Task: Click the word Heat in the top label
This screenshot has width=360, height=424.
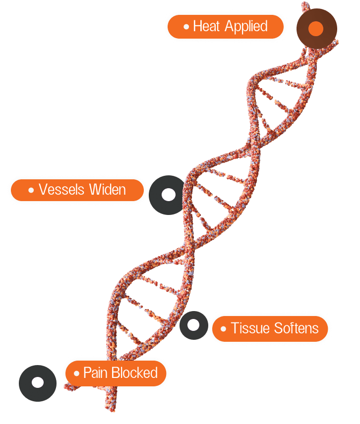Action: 206,26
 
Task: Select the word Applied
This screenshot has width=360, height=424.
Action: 246,27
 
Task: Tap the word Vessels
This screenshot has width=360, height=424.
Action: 61,189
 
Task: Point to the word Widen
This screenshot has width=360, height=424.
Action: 108,189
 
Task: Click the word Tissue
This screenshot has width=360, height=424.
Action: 250,328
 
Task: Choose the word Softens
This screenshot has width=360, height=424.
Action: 296,328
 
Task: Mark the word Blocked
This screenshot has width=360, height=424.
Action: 134,372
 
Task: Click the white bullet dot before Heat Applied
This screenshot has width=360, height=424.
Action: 186,27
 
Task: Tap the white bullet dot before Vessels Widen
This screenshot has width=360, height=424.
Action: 31,190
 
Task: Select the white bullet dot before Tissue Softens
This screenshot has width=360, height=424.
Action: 223,329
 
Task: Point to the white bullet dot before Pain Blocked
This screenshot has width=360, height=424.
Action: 76,373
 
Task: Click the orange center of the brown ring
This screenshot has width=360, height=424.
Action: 316,28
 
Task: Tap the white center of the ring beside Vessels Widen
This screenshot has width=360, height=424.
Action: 169,195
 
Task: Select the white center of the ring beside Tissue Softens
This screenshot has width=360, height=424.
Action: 193,325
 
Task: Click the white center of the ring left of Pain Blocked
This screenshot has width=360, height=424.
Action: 38,382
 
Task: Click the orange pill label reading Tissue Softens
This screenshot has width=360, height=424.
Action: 270,328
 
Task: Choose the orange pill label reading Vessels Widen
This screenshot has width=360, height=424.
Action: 77,190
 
